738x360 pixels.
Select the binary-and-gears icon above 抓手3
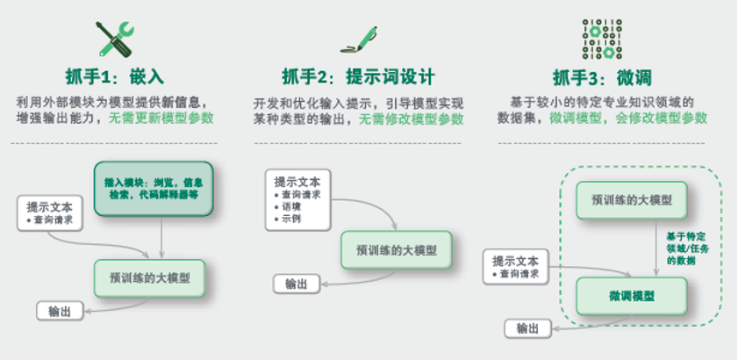602,39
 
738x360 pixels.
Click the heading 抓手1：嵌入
115,75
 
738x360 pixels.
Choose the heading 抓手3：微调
602,76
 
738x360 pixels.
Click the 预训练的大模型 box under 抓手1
148,278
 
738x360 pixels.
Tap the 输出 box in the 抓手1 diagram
60,310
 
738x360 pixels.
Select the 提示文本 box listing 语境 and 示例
297,198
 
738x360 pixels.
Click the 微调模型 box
630,296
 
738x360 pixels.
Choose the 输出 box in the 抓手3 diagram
527,328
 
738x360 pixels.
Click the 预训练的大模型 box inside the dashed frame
630,200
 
